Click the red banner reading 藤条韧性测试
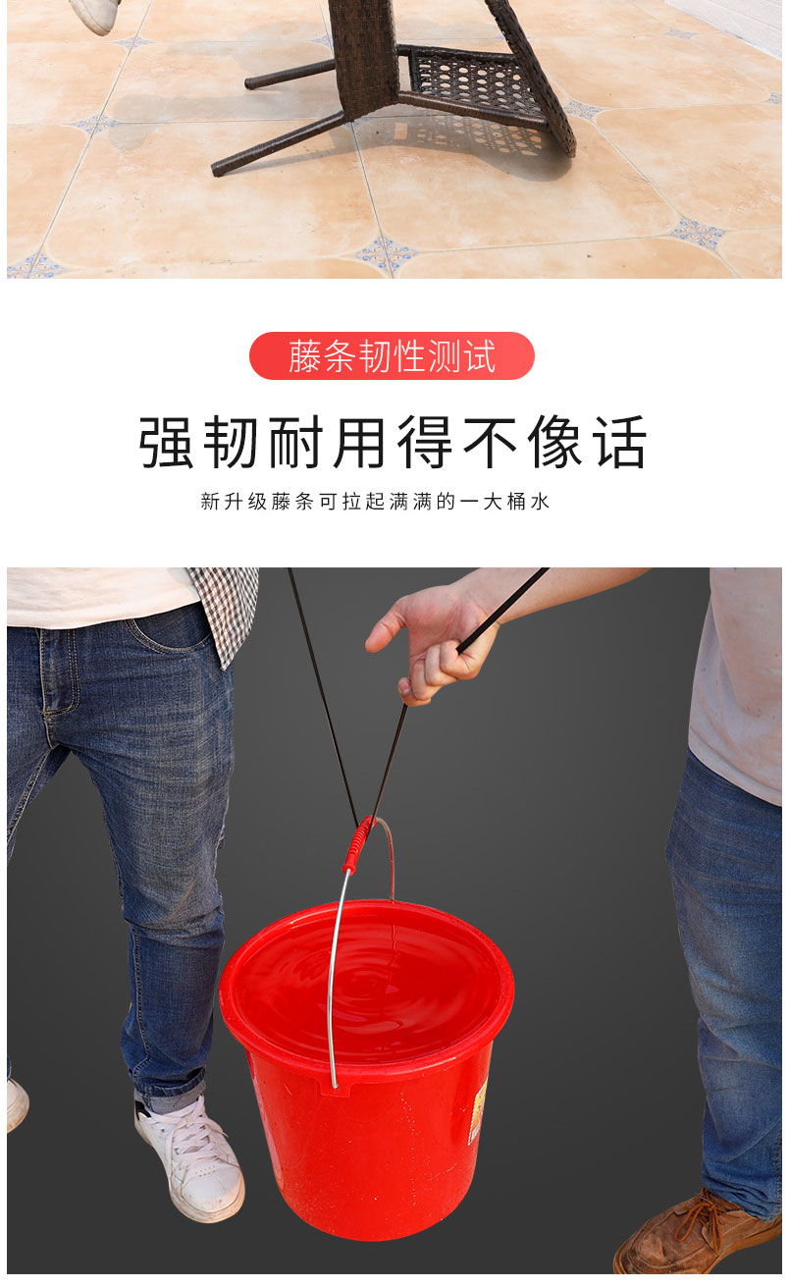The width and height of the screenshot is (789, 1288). tap(392, 356)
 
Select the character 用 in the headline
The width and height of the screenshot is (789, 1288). tap(363, 443)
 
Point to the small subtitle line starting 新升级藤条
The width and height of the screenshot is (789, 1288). tap(375, 502)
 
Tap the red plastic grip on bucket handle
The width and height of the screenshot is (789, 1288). tap(358, 844)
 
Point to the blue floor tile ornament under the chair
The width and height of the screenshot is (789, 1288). tap(386, 253)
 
